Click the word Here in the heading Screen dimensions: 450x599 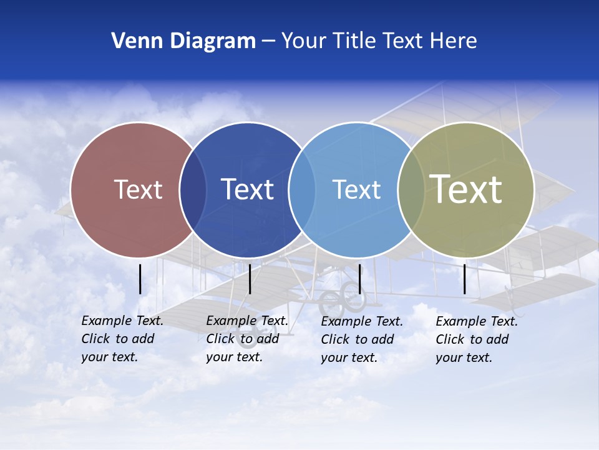(454, 41)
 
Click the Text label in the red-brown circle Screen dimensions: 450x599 (138, 189)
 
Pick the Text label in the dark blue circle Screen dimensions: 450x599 (247, 189)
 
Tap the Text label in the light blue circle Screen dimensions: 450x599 (356, 189)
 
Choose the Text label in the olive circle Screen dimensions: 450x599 (466, 189)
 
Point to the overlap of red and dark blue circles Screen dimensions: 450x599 (193, 190)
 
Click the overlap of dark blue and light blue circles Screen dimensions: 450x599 (302, 190)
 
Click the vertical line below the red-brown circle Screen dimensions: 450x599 (140, 279)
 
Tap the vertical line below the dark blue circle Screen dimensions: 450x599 (250, 279)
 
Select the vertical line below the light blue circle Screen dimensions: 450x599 (359, 279)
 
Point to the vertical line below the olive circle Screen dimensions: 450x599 (465, 279)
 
